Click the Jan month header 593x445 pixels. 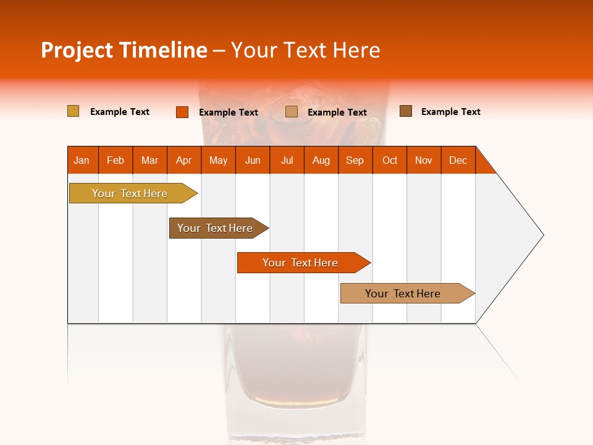pos(82,160)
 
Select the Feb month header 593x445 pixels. pos(116,160)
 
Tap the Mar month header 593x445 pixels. pos(149,160)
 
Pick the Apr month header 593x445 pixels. pos(184,160)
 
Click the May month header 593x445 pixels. pos(218,160)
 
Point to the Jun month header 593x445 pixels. pos(253,160)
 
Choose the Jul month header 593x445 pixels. pos(287,160)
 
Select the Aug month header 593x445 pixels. pos(321,160)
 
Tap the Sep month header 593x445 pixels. pos(355,160)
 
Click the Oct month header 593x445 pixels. pos(390,160)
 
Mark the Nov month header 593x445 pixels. pos(424,160)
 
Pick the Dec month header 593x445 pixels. pos(458,160)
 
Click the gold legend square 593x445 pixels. pos(74,111)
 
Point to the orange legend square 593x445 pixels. pos(182,112)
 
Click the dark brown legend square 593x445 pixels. pos(406,111)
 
